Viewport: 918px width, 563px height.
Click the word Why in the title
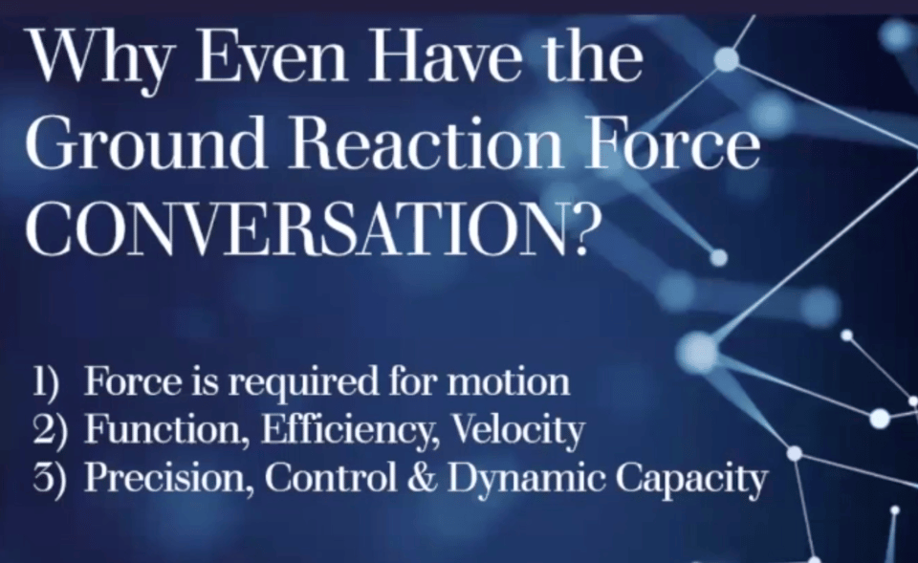[x=99, y=58]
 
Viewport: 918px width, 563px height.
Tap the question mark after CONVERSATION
[x=579, y=227]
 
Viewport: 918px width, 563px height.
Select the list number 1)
[x=46, y=382]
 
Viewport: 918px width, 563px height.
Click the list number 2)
[x=50, y=431]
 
